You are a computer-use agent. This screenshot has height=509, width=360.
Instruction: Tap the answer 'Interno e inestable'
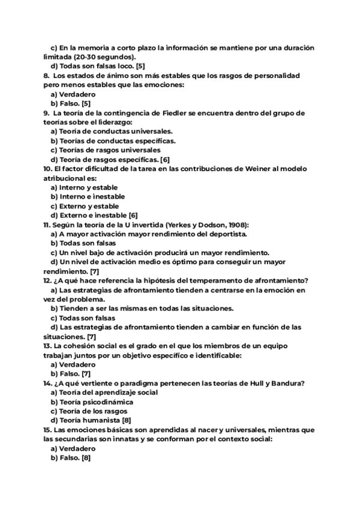[88, 196]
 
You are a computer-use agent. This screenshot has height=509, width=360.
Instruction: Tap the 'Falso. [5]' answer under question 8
[70, 103]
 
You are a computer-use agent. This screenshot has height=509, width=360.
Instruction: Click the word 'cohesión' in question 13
[84, 346]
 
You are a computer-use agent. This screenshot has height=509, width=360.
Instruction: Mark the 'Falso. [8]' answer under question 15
[70, 457]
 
